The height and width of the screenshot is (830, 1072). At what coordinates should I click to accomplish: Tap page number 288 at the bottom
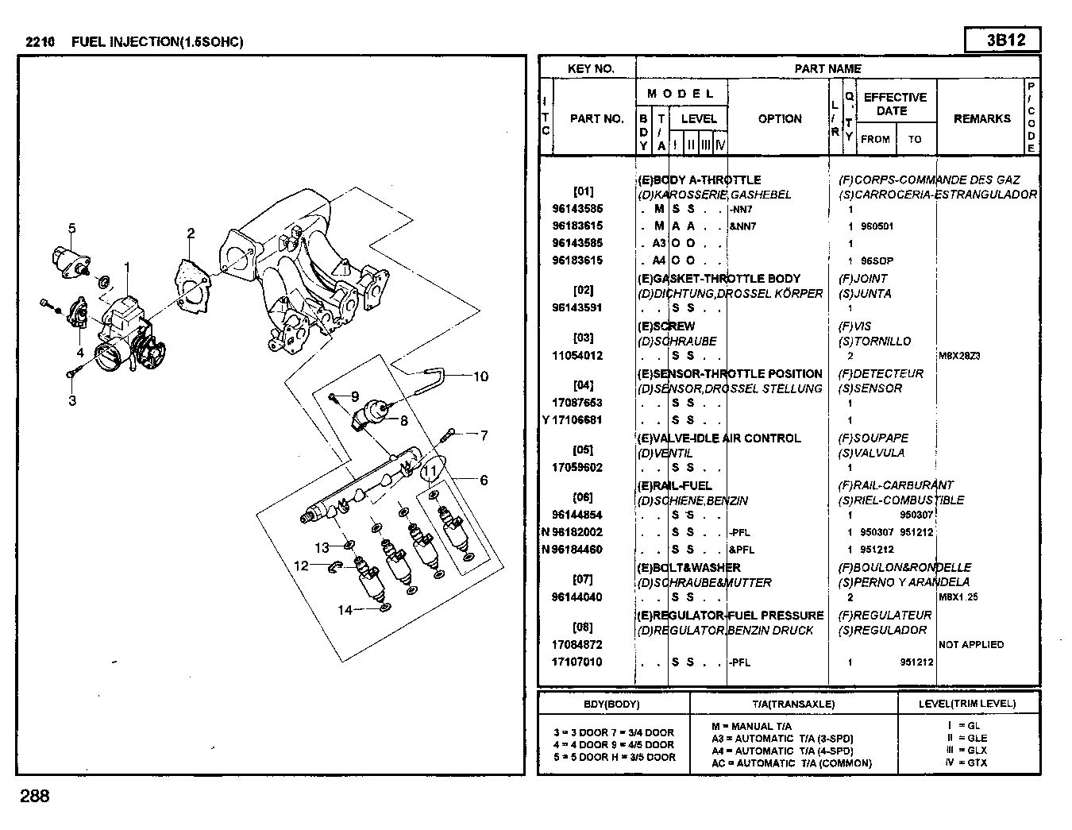(x=35, y=796)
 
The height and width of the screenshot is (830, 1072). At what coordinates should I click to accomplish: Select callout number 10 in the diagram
(x=481, y=376)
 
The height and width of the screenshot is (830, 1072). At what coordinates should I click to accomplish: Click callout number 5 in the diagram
(x=71, y=229)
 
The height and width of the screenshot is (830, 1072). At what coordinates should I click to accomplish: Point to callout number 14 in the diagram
(x=345, y=610)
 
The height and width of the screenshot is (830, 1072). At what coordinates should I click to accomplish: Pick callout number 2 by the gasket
(x=191, y=233)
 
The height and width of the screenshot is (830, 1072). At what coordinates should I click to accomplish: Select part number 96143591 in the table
(x=577, y=308)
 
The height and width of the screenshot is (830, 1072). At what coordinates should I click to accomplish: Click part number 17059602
(x=577, y=468)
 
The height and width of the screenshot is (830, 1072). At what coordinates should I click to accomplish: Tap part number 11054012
(x=577, y=356)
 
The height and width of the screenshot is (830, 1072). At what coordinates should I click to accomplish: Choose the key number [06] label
(x=583, y=498)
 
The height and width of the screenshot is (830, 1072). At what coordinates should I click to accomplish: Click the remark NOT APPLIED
(x=970, y=645)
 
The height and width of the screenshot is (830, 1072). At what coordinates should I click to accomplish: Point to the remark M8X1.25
(x=959, y=597)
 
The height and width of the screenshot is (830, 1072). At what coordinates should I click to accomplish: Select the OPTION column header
(x=780, y=119)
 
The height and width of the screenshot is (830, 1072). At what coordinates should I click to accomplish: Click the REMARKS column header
(x=981, y=119)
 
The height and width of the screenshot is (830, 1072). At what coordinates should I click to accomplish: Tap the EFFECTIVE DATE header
(x=895, y=104)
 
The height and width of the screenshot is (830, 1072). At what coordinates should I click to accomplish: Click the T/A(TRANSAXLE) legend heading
(x=793, y=704)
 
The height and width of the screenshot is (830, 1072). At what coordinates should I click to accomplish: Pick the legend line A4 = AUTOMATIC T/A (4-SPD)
(x=782, y=751)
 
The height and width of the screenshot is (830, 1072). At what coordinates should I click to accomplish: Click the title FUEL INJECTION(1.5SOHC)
(x=157, y=42)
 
